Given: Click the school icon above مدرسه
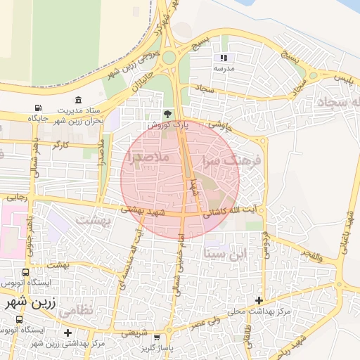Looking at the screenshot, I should click(224, 58).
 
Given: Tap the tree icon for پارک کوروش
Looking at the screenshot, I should click(167, 113).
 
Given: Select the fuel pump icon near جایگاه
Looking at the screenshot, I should click(36, 108).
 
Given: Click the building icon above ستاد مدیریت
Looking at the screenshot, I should click(77, 100).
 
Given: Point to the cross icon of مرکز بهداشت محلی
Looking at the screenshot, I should click(259, 300).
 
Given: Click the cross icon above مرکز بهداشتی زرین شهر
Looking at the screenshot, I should click(67, 333).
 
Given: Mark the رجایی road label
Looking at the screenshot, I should click(17, 198).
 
